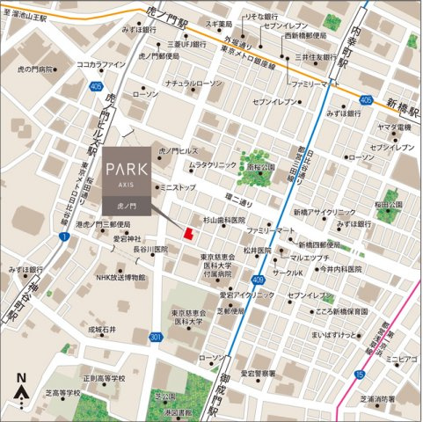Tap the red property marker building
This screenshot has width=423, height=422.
coord(186,233)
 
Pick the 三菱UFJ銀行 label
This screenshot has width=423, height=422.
coord(184,43)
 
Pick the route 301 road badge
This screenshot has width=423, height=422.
coord(155,337)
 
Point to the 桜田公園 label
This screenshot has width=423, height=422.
coord(388,204)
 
